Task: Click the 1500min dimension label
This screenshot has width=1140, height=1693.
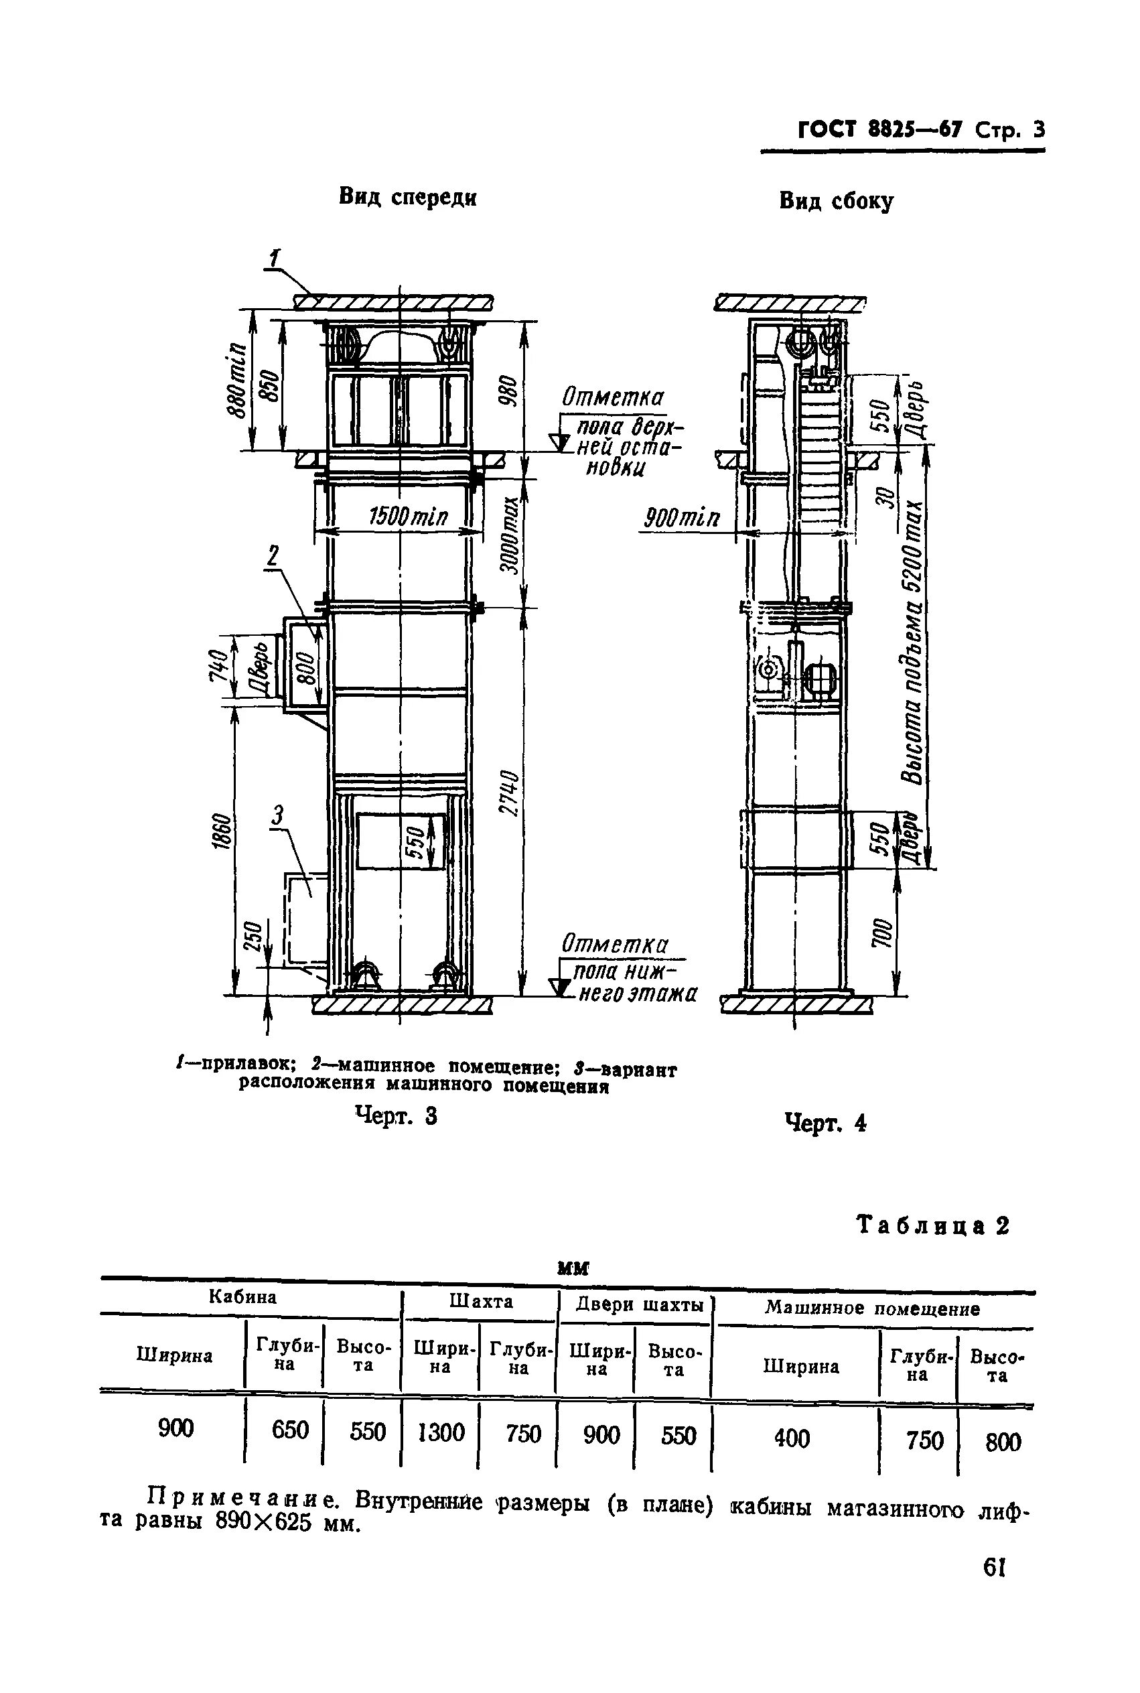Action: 408,517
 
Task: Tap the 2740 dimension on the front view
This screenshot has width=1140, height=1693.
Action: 510,793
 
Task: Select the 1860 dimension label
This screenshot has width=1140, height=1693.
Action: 224,831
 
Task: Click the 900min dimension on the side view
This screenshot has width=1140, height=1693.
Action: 682,519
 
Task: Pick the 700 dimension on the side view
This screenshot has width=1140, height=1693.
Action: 879,933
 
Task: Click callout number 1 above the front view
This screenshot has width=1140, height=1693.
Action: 275,258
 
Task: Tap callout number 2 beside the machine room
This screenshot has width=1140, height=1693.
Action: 272,556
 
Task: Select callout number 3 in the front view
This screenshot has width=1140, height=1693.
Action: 278,815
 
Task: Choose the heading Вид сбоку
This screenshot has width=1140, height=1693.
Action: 836,201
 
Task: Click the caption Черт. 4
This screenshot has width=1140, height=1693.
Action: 826,1124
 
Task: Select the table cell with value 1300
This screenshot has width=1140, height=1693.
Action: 441,1432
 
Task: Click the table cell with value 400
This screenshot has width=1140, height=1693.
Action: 792,1438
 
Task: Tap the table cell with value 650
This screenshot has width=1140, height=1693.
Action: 290,1430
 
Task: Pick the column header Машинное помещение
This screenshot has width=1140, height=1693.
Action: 871,1309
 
